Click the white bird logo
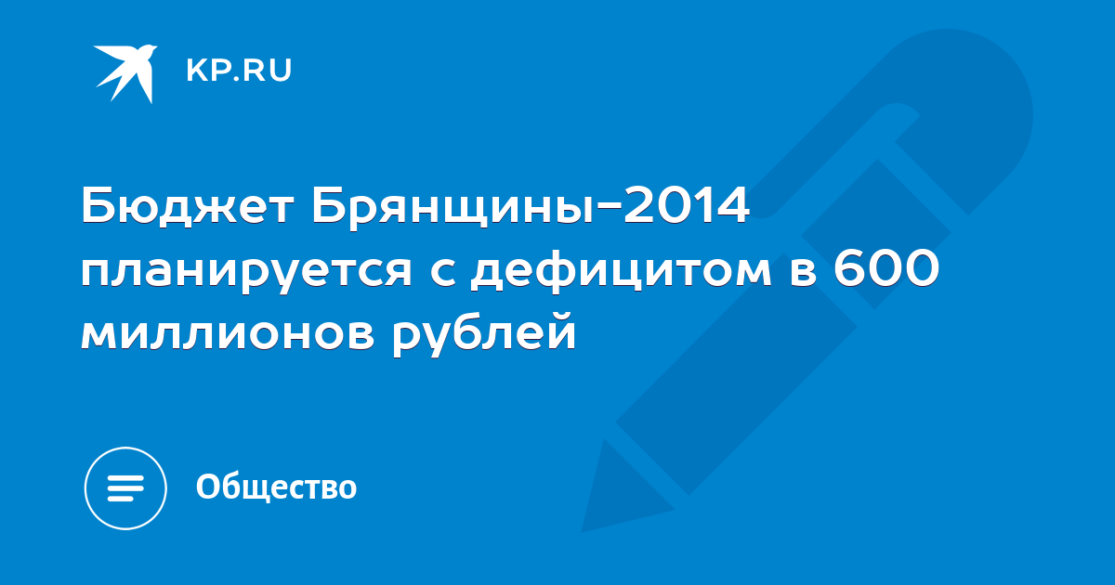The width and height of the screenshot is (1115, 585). (x=125, y=73)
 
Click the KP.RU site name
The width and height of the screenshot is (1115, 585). (x=239, y=71)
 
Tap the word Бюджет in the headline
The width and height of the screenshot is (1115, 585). (x=188, y=206)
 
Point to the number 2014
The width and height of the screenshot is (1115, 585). (x=687, y=205)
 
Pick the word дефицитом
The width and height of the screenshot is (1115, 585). (x=622, y=270)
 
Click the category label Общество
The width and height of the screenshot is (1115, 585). (x=276, y=487)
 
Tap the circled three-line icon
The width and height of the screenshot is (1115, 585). (x=125, y=488)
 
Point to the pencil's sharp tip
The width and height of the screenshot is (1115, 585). (x=583, y=532)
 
